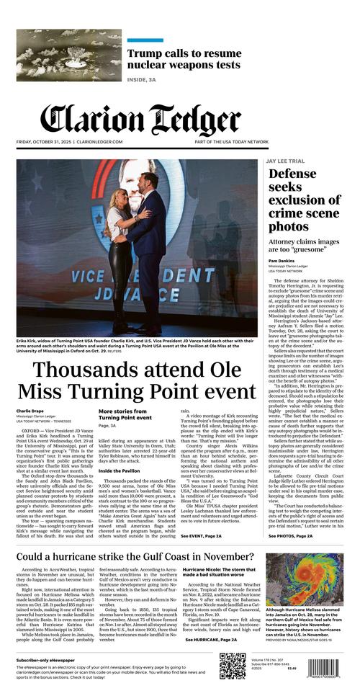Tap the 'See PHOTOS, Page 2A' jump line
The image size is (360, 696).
coord(290,536)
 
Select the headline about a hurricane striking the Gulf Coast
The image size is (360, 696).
coord(135,557)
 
